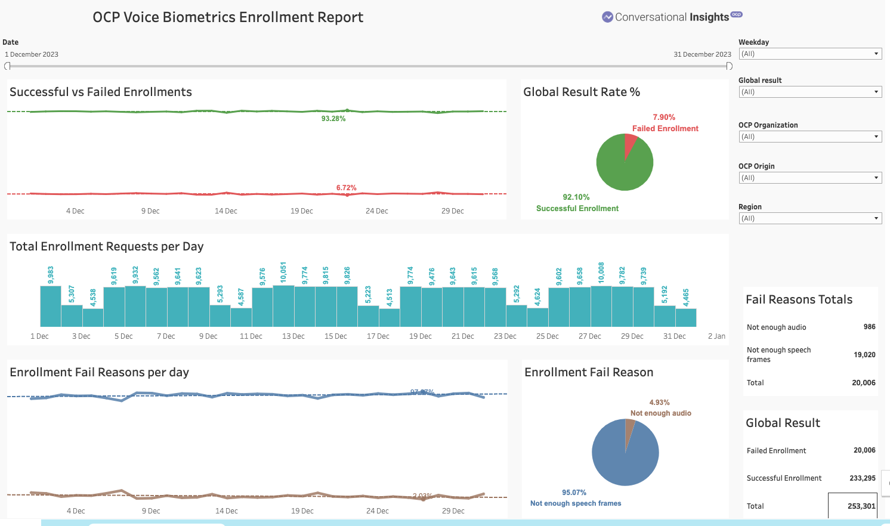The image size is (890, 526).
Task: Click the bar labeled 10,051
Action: point(283,306)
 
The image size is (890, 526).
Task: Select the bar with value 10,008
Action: point(601,306)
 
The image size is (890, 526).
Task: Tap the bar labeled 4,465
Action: point(686,317)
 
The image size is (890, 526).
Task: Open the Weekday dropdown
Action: point(810,54)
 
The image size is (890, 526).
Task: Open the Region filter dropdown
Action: point(810,218)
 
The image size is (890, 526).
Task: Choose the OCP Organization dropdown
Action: point(810,137)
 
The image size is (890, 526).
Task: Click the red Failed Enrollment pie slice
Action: point(629,145)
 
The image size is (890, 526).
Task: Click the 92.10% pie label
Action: point(576,197)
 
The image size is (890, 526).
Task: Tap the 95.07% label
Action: point(574,493)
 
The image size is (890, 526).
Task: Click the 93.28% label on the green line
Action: point(333,119)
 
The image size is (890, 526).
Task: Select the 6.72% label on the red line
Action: point(346,188)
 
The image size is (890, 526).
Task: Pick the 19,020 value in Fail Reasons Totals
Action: point(864,355)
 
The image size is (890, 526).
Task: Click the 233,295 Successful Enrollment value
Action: point(862,478)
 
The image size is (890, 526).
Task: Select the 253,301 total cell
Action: point(861,506)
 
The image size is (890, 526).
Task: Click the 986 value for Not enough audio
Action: point(869,327)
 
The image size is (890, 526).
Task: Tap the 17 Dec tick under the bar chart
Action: point(378,336)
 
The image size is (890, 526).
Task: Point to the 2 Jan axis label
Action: point(716,336)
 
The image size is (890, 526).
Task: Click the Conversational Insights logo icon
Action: point(607,17)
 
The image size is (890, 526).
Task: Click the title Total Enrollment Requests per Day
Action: point(107,246)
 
